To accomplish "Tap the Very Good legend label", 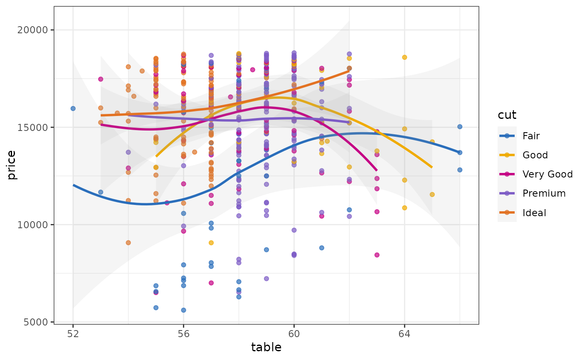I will pos(547,174).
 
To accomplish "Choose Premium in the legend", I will pos(544,193).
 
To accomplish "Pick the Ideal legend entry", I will pos(535,213).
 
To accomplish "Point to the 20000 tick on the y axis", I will pos(38,30).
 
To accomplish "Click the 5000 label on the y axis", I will pos(40,322).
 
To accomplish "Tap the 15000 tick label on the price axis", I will pos(38,127).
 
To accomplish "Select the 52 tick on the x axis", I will pos(73,333).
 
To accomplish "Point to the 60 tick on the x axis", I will pos(294,333).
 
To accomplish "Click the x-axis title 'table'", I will pos(266,348).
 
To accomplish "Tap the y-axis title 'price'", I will pos(12,165).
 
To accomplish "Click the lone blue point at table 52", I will pos(73,108).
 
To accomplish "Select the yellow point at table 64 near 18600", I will pos(404,57).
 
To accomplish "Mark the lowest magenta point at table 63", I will pos(377,255).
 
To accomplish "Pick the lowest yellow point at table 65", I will pos(432,195).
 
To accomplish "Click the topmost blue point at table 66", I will pos(459,127).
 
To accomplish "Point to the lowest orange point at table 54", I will pos(128,243).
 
